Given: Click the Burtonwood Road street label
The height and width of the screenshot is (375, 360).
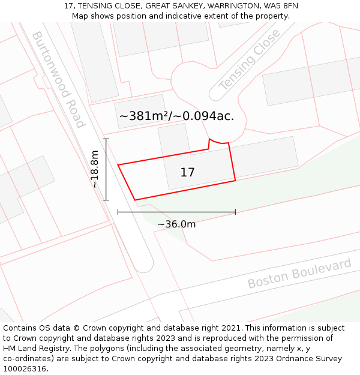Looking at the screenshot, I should coord(58,79).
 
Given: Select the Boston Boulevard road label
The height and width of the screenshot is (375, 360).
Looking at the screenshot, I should coord(299,273).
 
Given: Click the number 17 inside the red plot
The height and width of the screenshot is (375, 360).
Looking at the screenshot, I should coord(187,173).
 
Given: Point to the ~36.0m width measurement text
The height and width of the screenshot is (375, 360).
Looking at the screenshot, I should coord(176,224).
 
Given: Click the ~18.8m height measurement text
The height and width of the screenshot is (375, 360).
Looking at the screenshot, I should coord(94,169).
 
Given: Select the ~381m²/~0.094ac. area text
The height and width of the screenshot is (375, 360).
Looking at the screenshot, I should coord(176,116).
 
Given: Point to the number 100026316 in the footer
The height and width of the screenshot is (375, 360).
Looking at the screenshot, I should coord(25,369).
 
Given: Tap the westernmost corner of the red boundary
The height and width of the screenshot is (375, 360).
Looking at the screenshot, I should coord(118,165).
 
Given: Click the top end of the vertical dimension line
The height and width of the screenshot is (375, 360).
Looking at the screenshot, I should coord(106,139).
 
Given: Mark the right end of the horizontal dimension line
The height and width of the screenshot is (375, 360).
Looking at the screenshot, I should coord(235,212).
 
